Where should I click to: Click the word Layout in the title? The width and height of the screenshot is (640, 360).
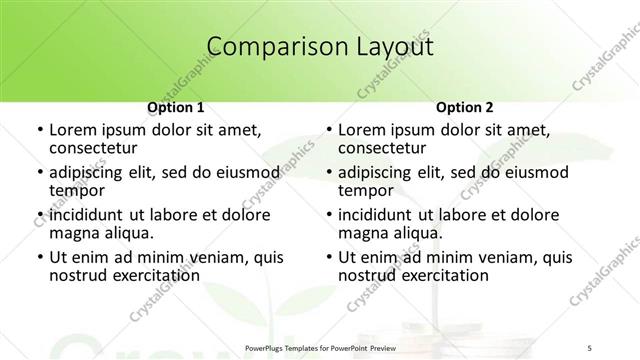(x=392, y=46)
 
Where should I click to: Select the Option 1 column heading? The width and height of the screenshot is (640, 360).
(x=176, y=106)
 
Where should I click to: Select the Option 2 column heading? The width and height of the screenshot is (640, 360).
(x=465, y=106)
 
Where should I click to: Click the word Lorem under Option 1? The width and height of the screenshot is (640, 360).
(x=73, y=130)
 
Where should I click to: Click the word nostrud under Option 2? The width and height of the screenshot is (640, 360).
(x=369, y=274)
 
